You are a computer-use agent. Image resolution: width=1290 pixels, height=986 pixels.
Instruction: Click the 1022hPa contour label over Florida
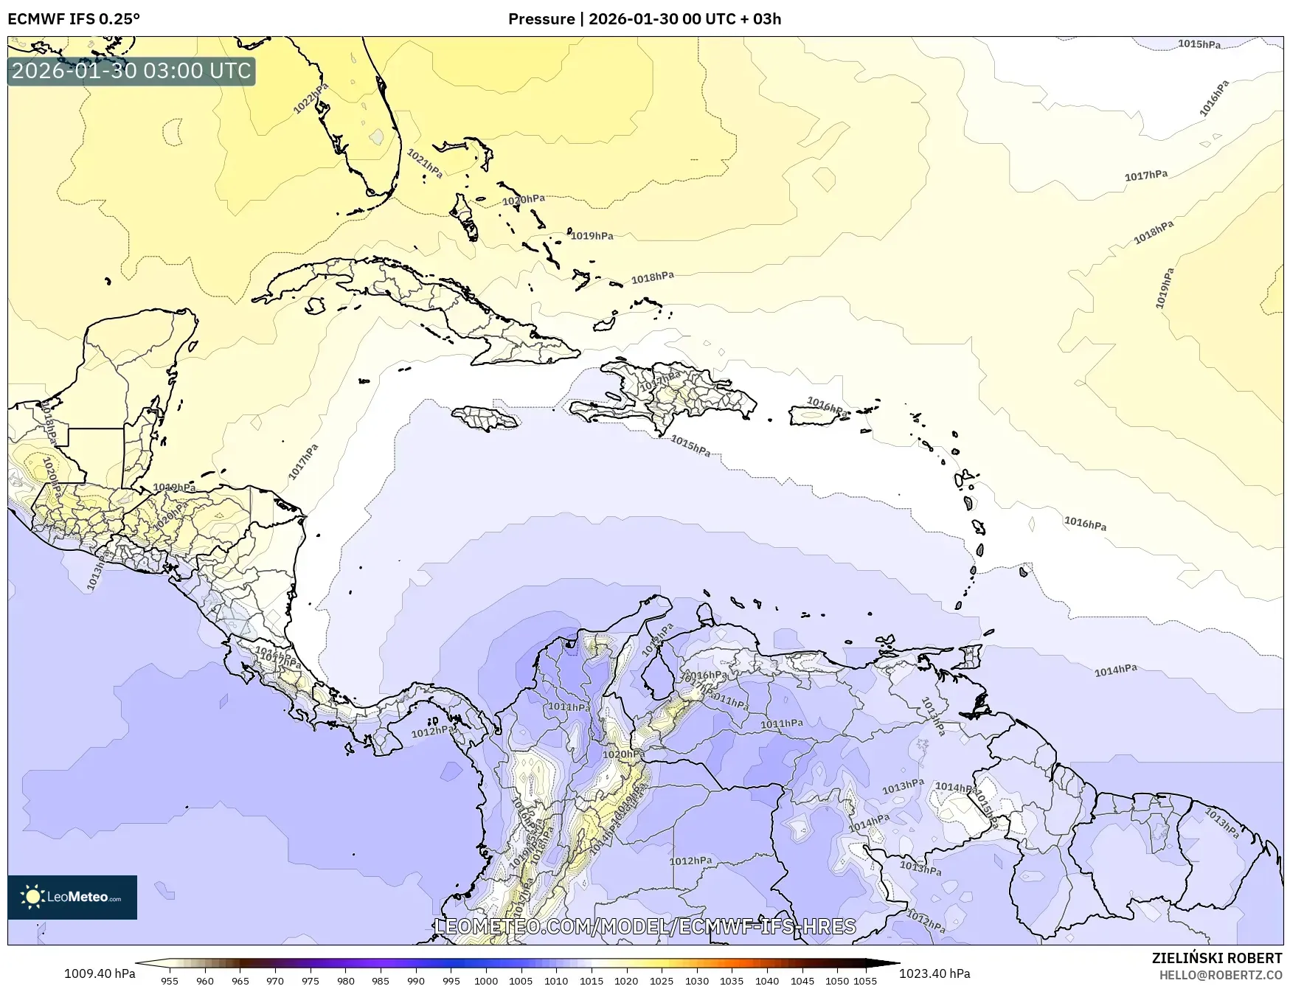(311, 99)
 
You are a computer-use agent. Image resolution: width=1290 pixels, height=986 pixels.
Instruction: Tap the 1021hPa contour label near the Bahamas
(425, 163)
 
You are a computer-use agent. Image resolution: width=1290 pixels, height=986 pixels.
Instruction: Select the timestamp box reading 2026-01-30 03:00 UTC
(131, 71)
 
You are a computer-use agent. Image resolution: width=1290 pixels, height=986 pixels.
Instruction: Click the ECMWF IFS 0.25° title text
(74, 18)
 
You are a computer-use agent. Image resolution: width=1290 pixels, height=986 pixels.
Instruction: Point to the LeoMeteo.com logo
(72, 897)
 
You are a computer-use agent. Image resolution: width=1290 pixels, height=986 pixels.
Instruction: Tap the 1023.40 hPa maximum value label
(934, 973)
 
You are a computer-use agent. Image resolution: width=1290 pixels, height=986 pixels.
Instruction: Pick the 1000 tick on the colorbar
(486, 980)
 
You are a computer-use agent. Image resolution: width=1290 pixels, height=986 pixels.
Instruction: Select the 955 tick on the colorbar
(170, 980)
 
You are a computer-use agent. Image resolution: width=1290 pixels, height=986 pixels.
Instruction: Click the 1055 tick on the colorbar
(865, 980)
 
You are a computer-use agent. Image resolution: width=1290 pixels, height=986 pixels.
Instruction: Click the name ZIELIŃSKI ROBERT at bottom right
(1217, 958)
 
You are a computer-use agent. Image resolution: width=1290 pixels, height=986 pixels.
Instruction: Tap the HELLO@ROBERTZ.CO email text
(1221, 975)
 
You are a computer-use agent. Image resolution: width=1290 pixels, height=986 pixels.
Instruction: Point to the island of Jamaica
(486, 419)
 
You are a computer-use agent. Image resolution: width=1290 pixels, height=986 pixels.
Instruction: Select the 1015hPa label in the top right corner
(1199, 44)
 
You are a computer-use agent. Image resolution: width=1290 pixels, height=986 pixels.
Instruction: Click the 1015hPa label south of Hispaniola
(690, 445)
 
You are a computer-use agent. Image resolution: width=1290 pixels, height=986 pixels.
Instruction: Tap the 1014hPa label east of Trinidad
(1115, 670)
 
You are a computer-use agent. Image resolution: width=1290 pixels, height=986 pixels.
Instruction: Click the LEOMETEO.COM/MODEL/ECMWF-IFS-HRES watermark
(645, 926)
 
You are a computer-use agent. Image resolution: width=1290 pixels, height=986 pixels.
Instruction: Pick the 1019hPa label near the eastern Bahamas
(592, 236)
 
